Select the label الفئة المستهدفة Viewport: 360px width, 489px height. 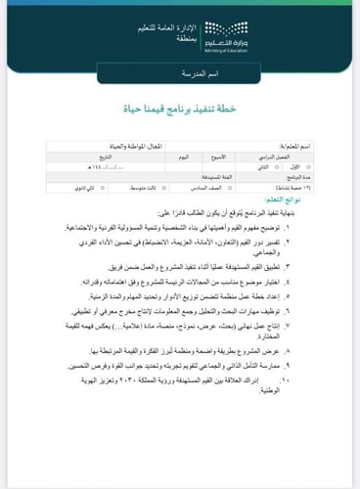(x=179, y=177)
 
